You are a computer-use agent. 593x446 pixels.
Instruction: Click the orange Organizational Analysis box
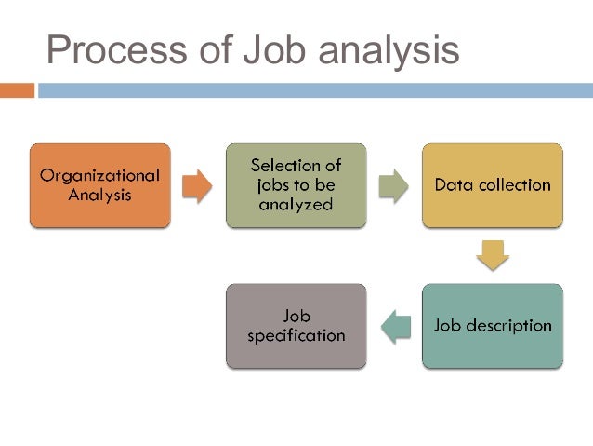point(100,185)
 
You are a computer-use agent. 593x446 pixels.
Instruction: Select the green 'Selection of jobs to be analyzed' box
point(296,185)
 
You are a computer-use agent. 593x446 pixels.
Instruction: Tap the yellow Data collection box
point(493,185)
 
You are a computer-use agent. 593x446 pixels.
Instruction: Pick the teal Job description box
point(493,326)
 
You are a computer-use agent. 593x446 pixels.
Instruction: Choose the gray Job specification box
point(296,326)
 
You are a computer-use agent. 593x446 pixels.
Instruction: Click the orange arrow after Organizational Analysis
point(197,185)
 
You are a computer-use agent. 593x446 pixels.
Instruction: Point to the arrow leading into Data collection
point(394,185)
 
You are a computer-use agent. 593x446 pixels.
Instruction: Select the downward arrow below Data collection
point(493,255)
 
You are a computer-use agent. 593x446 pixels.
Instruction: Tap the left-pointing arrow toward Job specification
point(396,326)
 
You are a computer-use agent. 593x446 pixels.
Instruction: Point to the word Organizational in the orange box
point(100,175)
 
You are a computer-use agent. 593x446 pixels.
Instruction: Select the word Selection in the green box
point(296,165)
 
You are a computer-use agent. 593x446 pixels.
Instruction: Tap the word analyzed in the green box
point(296,205)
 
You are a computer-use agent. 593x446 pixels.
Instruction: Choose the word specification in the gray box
point(296,335)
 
